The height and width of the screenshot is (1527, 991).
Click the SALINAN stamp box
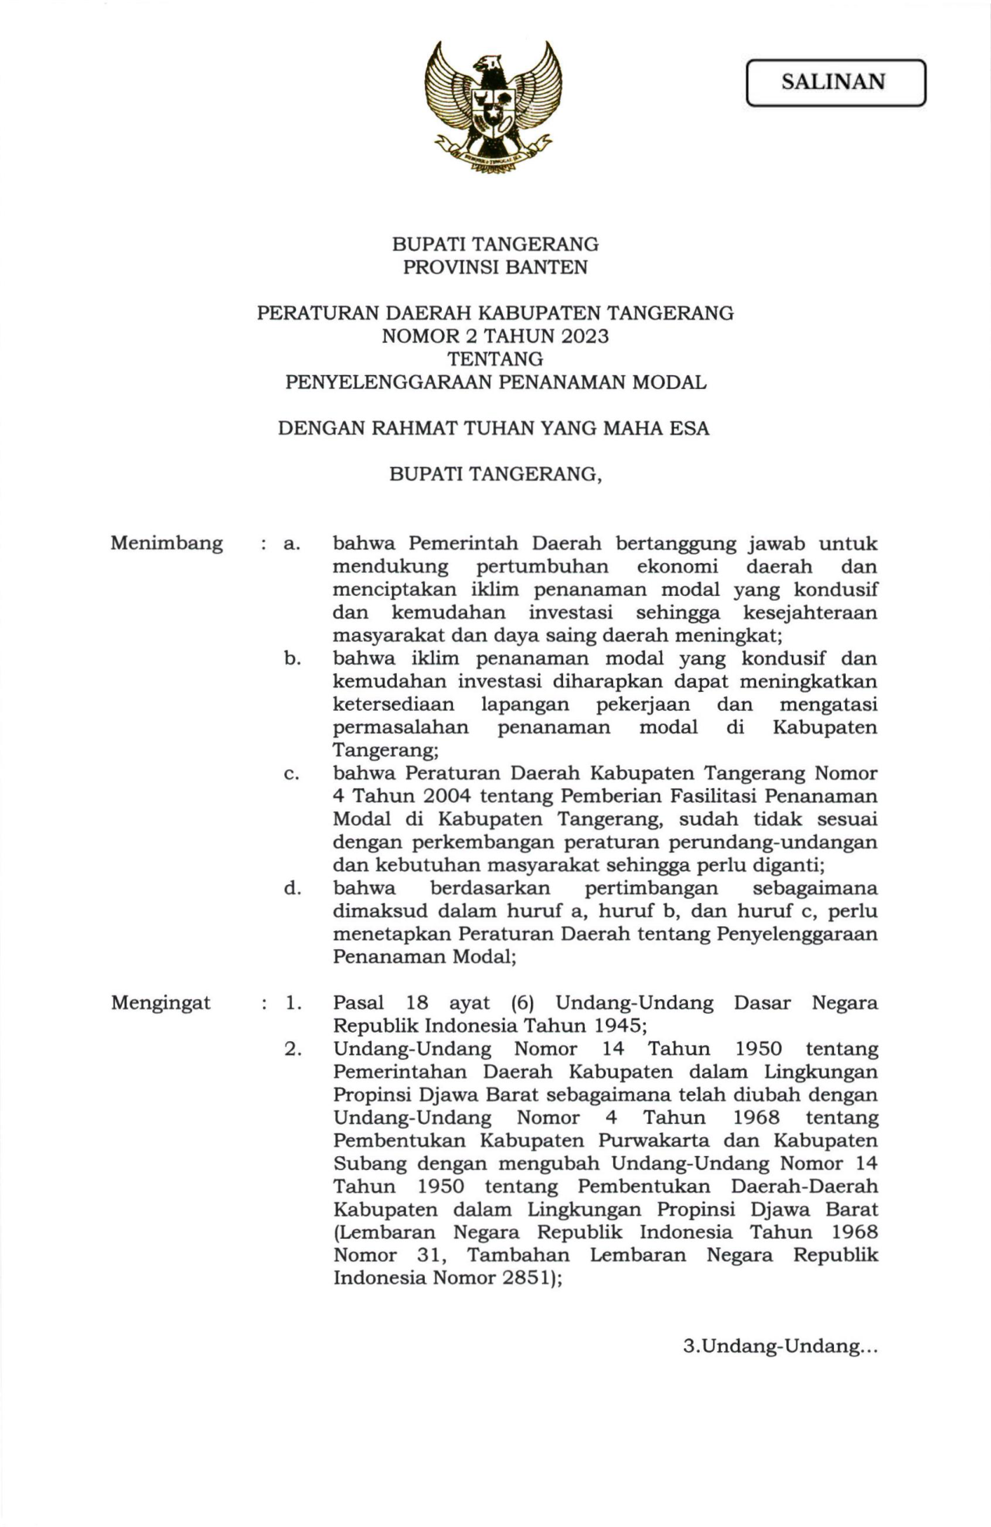tap(835, 83)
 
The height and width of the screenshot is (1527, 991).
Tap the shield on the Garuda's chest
tap(494, 109)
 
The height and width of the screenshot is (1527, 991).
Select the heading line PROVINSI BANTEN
tap(495, 268)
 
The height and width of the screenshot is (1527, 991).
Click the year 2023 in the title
tap(579, 337)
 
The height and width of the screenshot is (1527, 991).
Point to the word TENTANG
tap(495, 359)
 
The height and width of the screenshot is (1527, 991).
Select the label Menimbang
tap(166, 543)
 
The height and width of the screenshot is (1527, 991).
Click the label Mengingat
tap(161, 1003)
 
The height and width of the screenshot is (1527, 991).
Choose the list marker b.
tap(293, 658)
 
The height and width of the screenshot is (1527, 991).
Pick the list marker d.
tap(293, 888)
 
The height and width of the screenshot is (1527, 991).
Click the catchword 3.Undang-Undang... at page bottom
tap(780, 1347)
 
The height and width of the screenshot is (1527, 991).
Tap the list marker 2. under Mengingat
tap(293, 1049)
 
